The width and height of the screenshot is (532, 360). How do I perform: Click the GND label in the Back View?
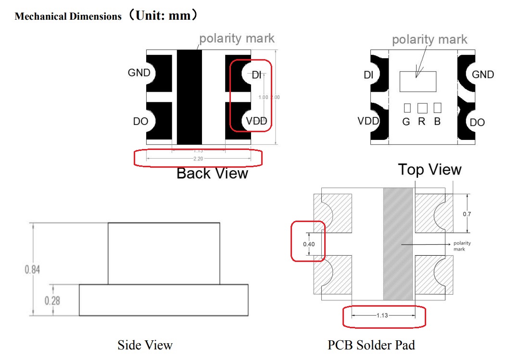(139, 73)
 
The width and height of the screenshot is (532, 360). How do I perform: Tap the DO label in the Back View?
(140, 122)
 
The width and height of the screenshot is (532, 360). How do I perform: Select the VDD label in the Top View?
(368, 121)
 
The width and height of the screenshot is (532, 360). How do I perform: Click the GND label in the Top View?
(482, 74)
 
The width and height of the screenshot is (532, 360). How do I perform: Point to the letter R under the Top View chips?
(422, 122)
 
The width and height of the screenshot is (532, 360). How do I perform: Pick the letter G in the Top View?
(406, 122)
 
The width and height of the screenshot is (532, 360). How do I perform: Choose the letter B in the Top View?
(437, 122)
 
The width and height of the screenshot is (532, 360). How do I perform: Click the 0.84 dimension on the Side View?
(33, 269)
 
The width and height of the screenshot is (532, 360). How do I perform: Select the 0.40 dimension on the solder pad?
(309, 244)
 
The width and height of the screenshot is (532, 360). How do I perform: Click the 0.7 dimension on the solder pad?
(467, 214)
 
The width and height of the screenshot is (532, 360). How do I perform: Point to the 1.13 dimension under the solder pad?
(383, 315)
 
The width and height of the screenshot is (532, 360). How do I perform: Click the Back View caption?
(212, 173)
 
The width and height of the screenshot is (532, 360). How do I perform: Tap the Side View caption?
(145, 345)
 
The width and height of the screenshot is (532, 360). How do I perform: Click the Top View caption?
(430, 169)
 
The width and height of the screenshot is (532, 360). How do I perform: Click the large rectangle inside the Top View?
(418, 82)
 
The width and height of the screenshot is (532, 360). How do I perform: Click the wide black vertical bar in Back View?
(189, 96)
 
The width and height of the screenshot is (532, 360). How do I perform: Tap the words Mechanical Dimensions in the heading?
(68, 16)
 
